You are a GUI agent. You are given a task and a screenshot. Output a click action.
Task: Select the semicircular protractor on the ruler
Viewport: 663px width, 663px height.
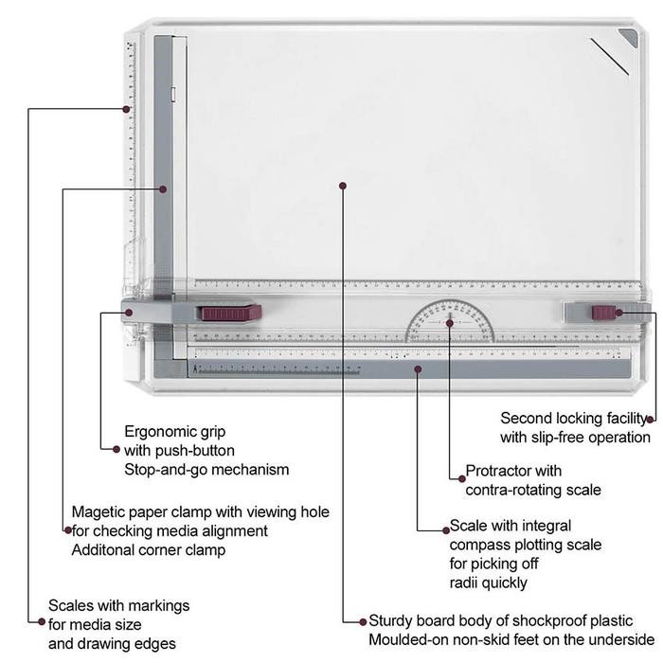(450, 321)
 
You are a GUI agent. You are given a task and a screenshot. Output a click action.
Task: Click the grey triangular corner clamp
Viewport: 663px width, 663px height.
(629, 37)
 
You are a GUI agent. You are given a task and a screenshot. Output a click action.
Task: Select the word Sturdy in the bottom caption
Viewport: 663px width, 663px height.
(390, 620)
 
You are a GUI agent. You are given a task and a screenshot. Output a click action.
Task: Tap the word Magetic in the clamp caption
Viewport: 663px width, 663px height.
(98, 512)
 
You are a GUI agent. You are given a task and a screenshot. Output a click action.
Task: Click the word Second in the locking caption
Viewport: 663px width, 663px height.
(526, 419)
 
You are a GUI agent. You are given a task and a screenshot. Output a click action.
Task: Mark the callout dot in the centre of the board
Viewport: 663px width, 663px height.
(343, 186)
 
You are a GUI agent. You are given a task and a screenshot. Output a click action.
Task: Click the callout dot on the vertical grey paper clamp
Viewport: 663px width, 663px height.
(163, 189)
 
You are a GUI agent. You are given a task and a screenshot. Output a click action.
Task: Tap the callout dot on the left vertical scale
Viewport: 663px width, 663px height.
(126, 109)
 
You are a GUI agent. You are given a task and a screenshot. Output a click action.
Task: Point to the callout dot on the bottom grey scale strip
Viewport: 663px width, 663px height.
(418, 369)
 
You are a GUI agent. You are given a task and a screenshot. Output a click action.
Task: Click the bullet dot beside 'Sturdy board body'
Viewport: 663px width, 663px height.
(363, 621)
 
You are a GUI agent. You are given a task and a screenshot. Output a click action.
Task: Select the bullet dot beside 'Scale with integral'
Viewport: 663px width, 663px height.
(446, 530)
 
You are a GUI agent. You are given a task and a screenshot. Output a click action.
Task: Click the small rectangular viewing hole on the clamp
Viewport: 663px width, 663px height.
(173, 95)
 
